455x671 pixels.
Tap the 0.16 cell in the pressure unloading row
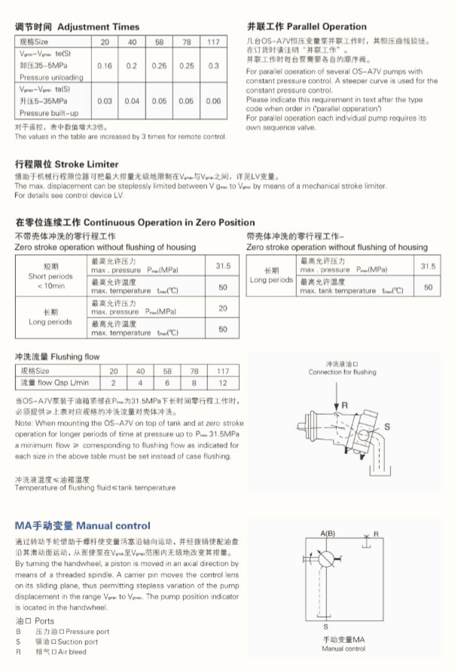point(105,66)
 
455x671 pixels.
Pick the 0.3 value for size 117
point(213,66)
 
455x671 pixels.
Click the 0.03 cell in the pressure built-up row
point(105,101)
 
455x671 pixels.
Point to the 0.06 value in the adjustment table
point(213,101)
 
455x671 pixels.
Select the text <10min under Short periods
point(50,286)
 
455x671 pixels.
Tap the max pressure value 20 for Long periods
point(222,308)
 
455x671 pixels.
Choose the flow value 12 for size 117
point(223,383)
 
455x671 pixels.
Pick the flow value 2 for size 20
point(114,383)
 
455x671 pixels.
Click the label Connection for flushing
point(342,372)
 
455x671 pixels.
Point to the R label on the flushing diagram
point(344,406)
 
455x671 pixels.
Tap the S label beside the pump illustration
point(387,427)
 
